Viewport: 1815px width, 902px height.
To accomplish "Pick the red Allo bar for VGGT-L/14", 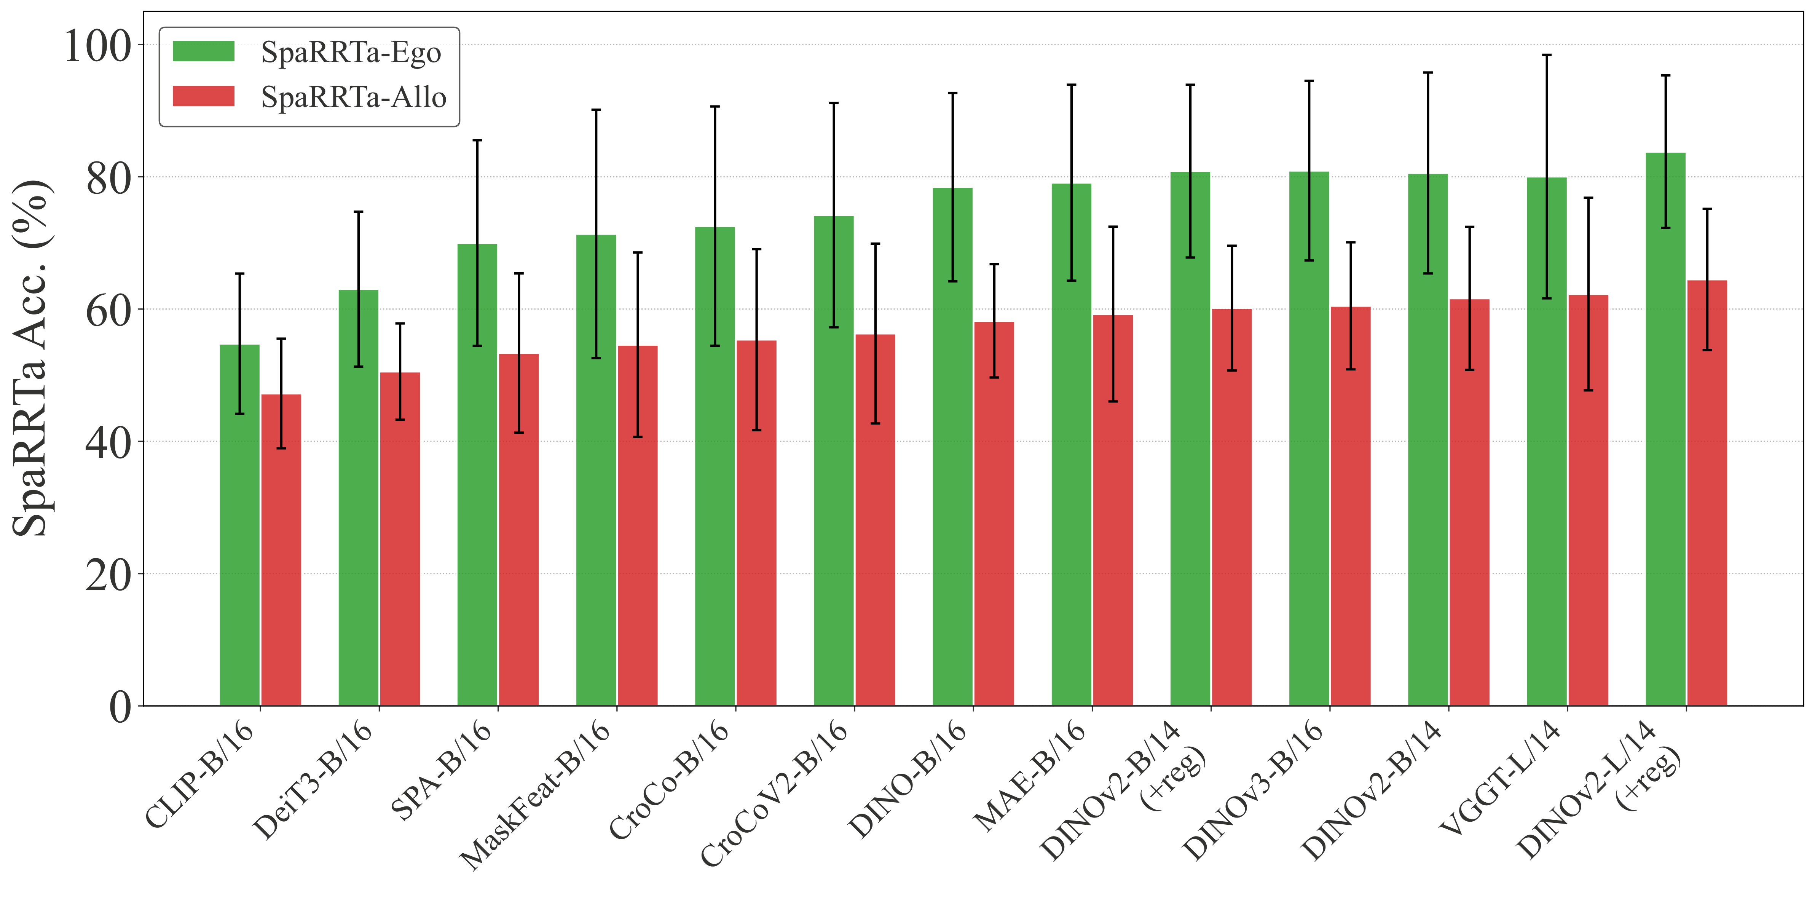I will [1588, 500].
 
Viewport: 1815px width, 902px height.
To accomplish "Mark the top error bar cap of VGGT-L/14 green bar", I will [1547, 55].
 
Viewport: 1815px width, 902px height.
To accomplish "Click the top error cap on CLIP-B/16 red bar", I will [281, 339].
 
